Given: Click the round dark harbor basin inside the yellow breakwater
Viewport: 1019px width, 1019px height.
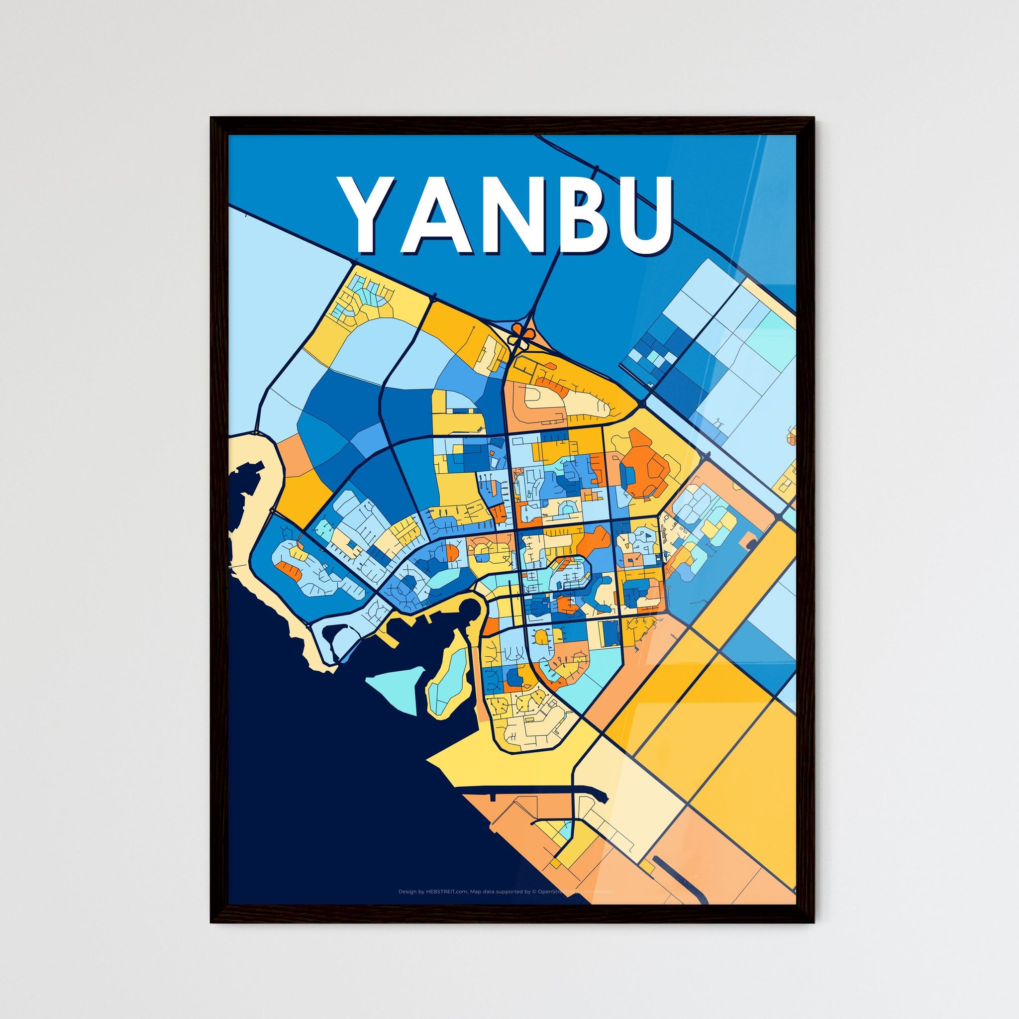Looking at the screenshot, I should tap(468, 613).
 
